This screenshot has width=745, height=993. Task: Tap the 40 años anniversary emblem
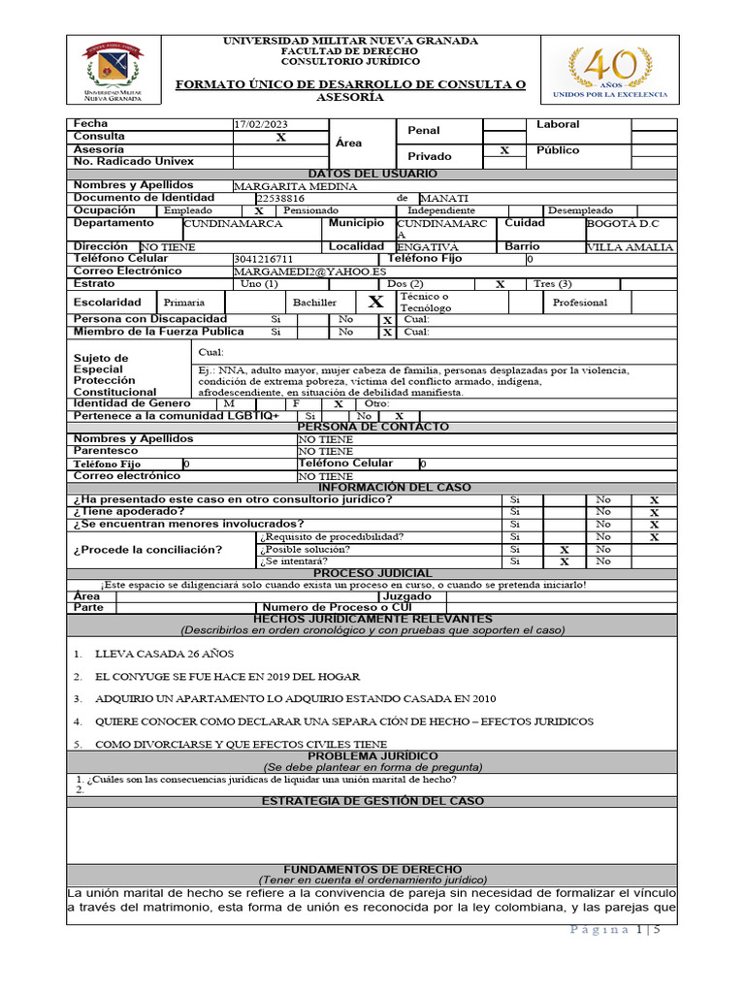[x=610, y=71]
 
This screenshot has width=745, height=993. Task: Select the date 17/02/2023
[x=261, y=125]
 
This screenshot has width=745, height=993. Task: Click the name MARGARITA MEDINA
[x=295, y=186]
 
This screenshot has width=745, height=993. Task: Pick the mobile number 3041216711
[x=263, y=260]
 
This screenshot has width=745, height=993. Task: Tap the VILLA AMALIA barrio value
[x=631, y=247]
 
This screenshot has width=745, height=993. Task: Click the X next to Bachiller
[x=375, y=302]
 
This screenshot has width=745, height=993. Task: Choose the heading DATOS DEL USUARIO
[x=372, y=173]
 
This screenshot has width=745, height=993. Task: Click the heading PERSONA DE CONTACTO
[x=372, y=427]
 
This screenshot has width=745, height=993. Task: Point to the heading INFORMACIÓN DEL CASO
[x=372, y=487]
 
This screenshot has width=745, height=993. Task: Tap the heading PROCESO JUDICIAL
[x=372, y=573]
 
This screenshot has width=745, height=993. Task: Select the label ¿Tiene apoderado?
[x=129, y=511]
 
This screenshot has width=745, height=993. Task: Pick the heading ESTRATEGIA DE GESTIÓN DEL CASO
[x=372, y=801]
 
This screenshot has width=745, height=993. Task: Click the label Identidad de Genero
[x=133, y=402]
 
